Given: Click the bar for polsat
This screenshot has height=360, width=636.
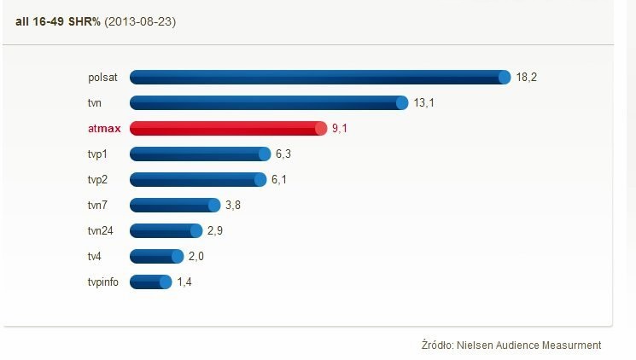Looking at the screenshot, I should [x=320, y=78].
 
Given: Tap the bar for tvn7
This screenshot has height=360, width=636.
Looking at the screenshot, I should [x=175, y=206].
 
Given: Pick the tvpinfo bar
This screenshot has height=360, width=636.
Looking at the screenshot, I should [x=150, y=282].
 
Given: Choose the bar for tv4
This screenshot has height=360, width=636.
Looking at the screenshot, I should [x=156, y=257].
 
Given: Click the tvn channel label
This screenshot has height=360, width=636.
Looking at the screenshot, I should [x=96, y=103].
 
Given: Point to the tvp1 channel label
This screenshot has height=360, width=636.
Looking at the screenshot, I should [x=98, y=154].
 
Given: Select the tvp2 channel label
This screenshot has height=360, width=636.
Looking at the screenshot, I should [x=98, y=180].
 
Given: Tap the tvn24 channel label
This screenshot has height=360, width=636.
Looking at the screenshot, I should [x=100, y=231].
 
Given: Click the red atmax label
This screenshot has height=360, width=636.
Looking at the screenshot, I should [x=104, y=129].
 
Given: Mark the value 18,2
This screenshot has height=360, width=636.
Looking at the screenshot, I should [x=526, y=78].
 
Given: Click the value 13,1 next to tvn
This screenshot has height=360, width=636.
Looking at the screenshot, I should [x=424, y=103].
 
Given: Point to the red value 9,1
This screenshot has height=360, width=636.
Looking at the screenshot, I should [x=340, y=129].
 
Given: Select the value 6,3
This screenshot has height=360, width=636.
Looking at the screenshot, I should [x=283, y=154].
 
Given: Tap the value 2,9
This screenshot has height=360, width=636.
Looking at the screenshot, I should [x=214, y=231].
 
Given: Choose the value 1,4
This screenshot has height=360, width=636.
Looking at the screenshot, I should [x=184, y=282].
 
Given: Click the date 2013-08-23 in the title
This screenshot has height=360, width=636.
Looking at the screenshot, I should [x=140, y=20].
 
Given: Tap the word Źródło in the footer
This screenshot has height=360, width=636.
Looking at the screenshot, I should [x=439, y=345].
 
